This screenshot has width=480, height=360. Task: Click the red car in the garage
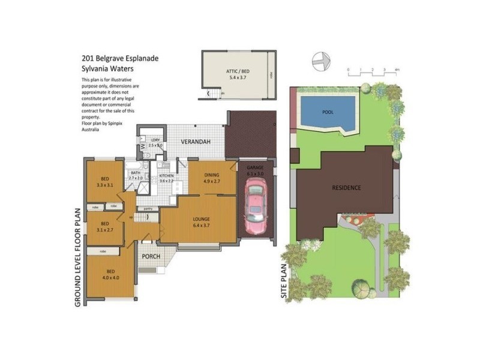[257, 207]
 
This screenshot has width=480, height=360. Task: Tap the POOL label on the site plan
[328, 112]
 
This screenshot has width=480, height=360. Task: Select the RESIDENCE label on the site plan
[347, 188]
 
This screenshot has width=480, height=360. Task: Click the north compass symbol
[321, 61]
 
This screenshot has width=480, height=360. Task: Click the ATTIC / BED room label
[239, 74]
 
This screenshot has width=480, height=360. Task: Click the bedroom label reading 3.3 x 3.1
[105, 182]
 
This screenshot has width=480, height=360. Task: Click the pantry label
[148, 208]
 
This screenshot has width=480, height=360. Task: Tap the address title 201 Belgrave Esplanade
[120, 59]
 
